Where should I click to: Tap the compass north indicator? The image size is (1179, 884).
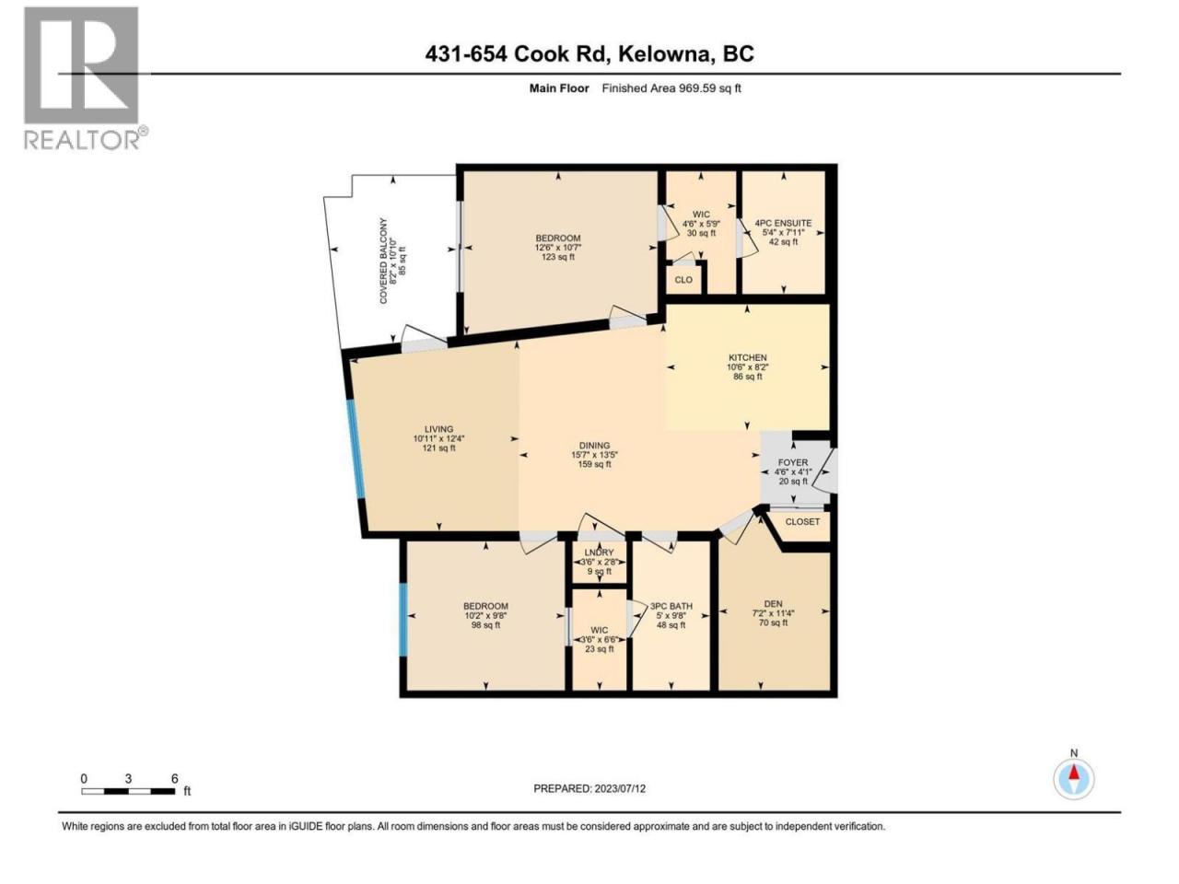pyautogui.click(x=1074, y=778)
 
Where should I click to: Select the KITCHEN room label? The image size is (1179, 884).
pyautogui.click(x=747, y=357)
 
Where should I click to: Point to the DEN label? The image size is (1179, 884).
pyautogui.click(x=773, y=604)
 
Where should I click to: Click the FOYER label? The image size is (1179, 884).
pyautogui.click(x=793, y=462)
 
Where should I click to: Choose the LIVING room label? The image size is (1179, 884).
pyautogui.click(x=438, y=429)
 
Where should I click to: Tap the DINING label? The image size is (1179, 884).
pyautogui.click(x=595, y=445)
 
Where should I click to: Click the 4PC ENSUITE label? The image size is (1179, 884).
pyautogui.click(x=783, y=223)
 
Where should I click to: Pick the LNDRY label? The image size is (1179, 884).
pyautogui.click(x=599, y=552)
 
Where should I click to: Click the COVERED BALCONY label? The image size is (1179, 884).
pyautogui.click(x=383, y=261)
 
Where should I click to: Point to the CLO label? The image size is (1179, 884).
pyautogui.click(x=683, y=280)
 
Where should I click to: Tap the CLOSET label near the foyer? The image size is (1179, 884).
pyautogui.click(x=802, y=521)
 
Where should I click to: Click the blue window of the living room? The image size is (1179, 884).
pyautogui.click(x=356, y=448)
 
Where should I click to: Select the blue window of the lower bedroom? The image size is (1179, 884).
pyautogui.click(x=403, y=620)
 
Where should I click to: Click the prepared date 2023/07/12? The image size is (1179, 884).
pyautogui.click(x=589, y=788)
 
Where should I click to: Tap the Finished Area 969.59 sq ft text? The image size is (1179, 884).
pyautogui.click(x=671, y=88)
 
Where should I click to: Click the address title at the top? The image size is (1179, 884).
pyautogui.click(x=589, y=53)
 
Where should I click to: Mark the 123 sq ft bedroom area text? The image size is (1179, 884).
pyautogui.click(x=558, y=257)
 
